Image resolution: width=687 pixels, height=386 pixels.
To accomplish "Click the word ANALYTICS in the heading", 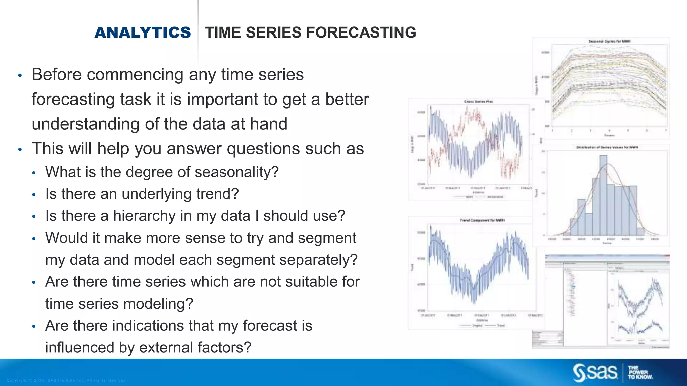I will [x=142, y=33].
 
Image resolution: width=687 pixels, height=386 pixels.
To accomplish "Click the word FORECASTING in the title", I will [x=361, y=33].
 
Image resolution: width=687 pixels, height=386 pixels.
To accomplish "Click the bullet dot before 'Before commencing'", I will [x=20, y=75].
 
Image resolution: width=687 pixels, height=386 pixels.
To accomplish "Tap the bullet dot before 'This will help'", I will [x=20, y=149].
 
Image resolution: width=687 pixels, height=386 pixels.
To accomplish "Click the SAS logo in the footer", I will [x=595, y=372].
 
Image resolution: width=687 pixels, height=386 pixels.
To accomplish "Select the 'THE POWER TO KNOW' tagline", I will [x=640, y=372].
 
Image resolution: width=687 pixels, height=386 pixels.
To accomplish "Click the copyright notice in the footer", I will [x=66, y=380].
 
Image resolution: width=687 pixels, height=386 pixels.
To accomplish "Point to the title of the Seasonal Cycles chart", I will [x=609, y=41].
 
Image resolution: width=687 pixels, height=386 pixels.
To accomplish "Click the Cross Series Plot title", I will [x=478, y=102].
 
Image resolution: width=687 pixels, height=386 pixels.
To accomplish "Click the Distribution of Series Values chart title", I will [x=607, y=147].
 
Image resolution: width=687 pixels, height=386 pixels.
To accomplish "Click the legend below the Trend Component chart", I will [x=482, y=326].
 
